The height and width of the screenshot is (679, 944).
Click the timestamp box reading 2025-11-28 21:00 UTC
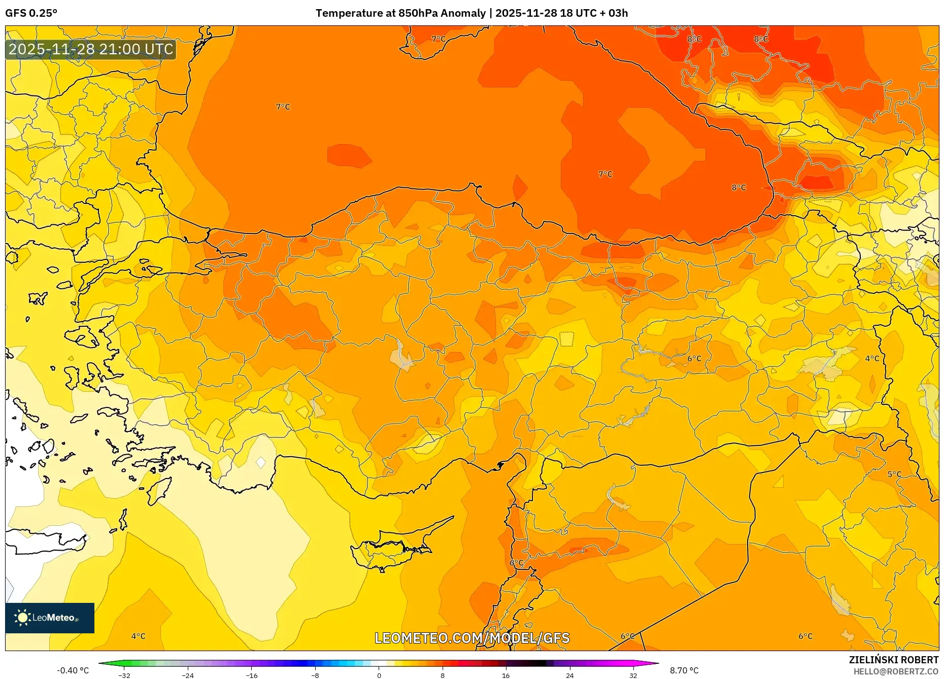click(x=91, y=49)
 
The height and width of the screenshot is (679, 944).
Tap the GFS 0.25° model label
click(x=31, y=13)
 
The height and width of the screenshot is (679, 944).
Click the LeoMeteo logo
click(x=49, y=618)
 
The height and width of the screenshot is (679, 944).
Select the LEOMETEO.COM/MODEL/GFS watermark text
click(x=472, y=638)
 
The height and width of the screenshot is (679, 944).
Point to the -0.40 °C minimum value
click(x=73, y=670)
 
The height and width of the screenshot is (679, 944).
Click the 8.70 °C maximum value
click(x=684, y=670)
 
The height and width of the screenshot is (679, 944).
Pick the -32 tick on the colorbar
click(x=124, y=675)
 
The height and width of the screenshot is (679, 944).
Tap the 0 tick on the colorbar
click(x=379, y=675)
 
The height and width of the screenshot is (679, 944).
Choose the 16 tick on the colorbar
click(x=505, y=675)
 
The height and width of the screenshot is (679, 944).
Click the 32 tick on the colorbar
click(x=633, y=675)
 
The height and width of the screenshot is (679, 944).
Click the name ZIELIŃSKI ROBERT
click(x=893, y=660)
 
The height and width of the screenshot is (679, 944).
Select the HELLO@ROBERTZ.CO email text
click(x=896, y=671)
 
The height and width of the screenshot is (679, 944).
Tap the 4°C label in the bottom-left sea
click(x=138, y=636)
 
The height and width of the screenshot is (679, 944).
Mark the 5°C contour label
click(x=894, y=474)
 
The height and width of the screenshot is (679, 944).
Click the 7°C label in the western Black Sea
click(x=283, y=107)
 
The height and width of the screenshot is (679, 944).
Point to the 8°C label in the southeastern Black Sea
click(x=738, y=187)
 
